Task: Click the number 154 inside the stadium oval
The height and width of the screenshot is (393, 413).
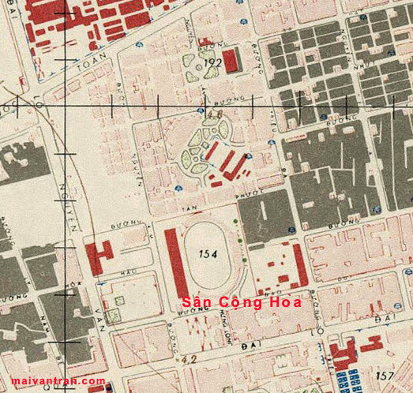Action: point(208,254)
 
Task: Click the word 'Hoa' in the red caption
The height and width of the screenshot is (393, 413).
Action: point(269,302)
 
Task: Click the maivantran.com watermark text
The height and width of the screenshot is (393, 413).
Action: point(53,381)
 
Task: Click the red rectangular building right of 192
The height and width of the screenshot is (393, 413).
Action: point(231,62)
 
